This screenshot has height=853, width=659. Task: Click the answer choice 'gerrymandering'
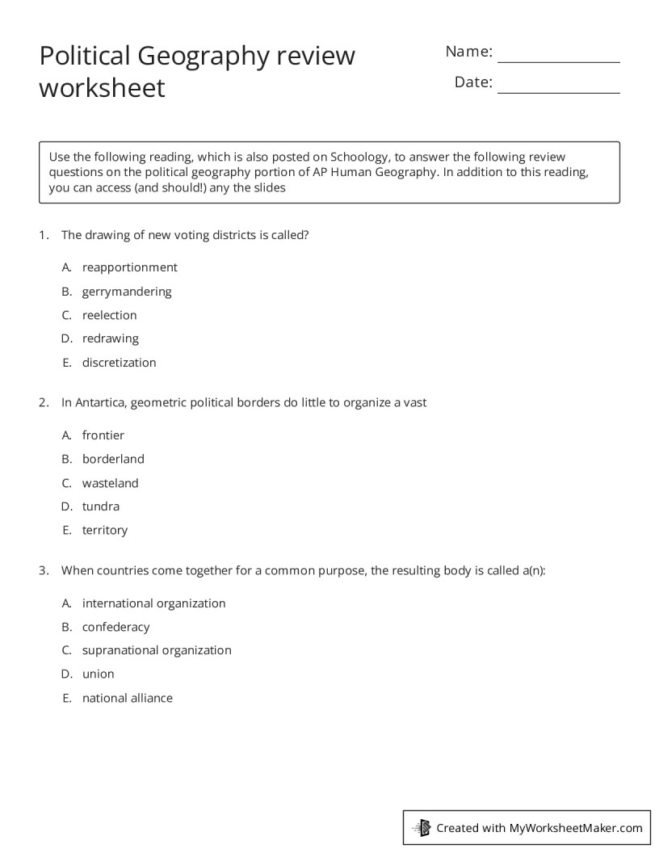tap(127, 292)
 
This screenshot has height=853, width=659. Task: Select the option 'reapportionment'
tap(129, 267)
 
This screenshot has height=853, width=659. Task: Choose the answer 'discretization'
tap(119, 363)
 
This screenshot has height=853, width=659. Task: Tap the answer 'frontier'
tap(103, 435)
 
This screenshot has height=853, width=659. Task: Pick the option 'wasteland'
tap(110, 483)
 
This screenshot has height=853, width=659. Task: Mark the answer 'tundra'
tap(100, 506)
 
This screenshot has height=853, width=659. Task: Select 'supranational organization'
tap(157, 650)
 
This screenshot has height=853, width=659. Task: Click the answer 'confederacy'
tap(115, 627)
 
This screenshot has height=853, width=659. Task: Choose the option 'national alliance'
tap(127, 698)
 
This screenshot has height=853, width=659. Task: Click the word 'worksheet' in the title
tap(102, 87)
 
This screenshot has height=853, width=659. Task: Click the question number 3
tap(44, 570)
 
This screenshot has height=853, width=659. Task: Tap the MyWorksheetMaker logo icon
tap(422, 828)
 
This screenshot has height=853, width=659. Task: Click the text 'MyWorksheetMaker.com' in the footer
tap(576, 828)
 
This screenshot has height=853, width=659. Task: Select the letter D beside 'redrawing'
tap(67, 338)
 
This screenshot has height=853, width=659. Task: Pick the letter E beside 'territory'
tap(67, 531)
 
